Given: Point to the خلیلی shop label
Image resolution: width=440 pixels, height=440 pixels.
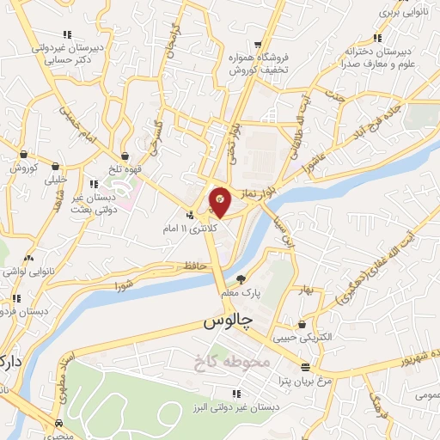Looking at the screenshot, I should [56, 180].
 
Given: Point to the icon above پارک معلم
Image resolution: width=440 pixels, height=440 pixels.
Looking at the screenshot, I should [240, 278].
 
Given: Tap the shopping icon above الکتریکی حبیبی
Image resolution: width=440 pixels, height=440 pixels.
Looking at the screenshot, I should [302, 324].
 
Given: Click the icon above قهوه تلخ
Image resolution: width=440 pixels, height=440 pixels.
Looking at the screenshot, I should [126, 156].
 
